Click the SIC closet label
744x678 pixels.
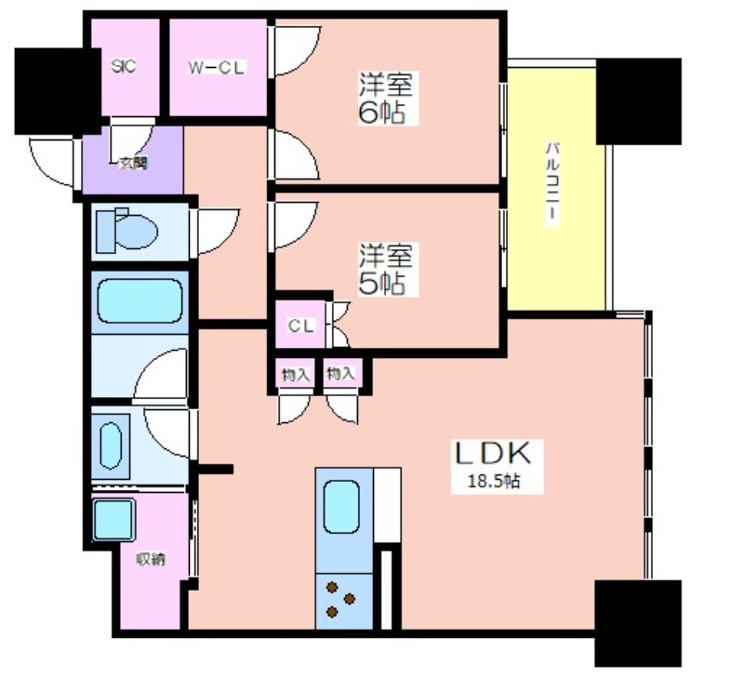click(124, 65)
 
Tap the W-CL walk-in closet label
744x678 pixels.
click(217, 68)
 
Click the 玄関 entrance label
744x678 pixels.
click(133, 164)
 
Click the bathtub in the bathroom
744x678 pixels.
click(139, 301)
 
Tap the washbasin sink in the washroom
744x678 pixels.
click(111, 446)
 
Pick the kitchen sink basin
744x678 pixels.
click(341, 507)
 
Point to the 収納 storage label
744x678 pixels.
click(151, 559)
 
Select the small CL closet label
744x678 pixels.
click(300, 326)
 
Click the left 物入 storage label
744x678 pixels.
click(296, 375)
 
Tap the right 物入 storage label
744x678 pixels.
click(340, 374)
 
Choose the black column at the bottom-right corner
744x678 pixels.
click(638, 623)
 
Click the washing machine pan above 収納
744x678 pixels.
click(113, 520)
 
